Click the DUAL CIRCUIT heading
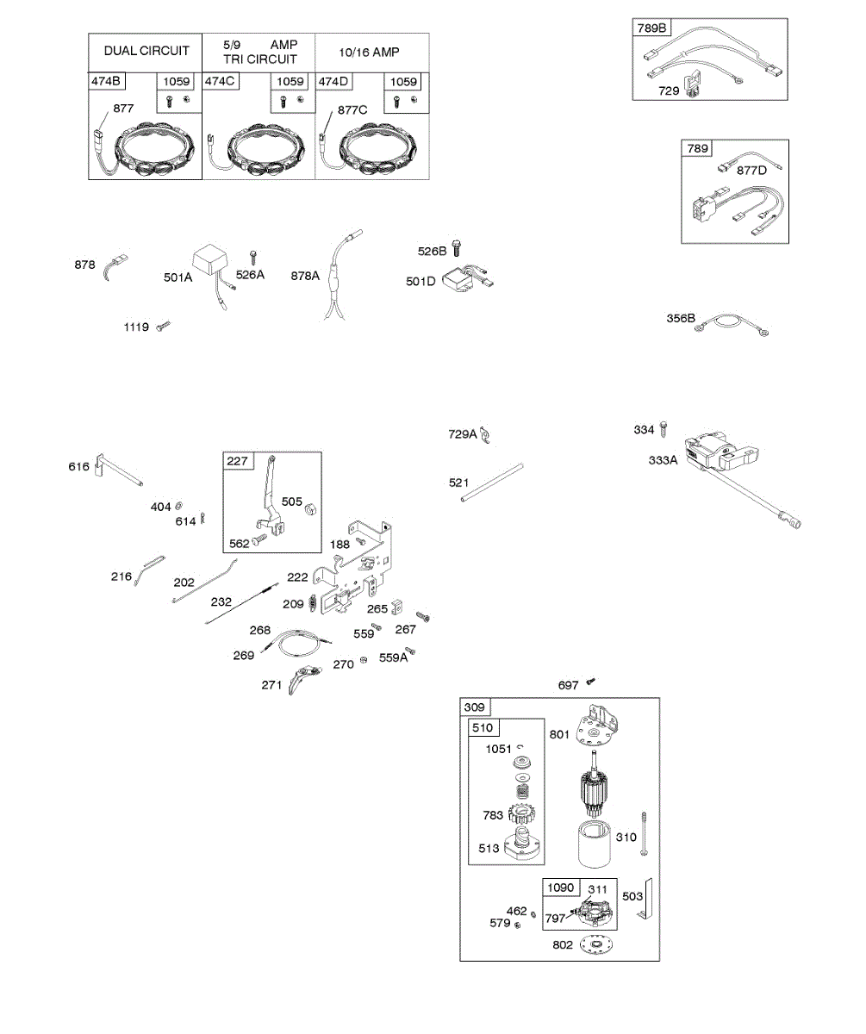point(146,52)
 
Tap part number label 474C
point(221,82)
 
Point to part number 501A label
point(178,277)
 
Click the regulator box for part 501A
point(211,258)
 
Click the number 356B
point(680,318)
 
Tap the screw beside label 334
point(664,428)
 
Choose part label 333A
point(664,460)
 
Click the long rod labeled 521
point(492,483)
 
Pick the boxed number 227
point(237,461)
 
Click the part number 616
point(79,467)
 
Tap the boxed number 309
point(475,707)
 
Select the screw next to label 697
point(591,682)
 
